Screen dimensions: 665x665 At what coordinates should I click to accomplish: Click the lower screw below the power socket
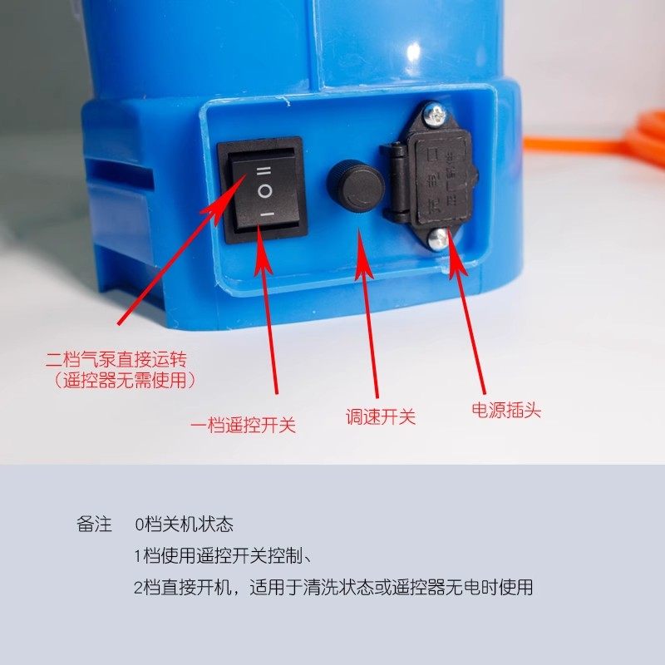438,239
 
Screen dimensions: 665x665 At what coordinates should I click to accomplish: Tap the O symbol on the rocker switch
264,191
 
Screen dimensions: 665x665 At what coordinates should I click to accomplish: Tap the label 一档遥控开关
243,426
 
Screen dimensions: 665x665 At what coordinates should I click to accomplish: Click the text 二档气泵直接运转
120,360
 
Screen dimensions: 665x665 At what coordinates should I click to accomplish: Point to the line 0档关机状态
184,525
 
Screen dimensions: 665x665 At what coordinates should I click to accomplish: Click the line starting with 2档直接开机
332,588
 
